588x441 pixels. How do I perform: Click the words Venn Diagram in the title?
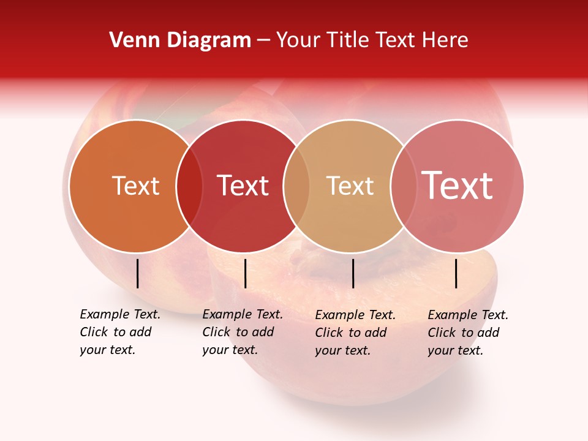(180, 40)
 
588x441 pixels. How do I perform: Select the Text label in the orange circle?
(135, 186)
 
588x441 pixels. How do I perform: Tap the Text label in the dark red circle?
(243, 186)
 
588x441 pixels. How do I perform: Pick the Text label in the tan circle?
(350, 186)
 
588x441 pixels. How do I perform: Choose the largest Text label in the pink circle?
(457, 186)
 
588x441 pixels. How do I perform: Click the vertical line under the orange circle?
(138, 273)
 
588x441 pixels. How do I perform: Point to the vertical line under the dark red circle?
(245, 273)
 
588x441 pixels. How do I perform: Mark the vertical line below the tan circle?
(353, 273)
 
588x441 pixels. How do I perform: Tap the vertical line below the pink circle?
(456, 273)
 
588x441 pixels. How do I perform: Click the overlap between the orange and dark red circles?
(189, 186)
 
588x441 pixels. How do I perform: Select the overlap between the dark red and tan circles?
(296, 186)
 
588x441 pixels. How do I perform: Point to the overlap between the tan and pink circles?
(404, 186)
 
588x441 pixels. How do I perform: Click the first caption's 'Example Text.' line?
(120, 314)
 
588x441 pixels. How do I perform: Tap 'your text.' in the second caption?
(230, 350)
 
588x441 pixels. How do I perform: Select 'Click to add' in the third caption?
(351, 333)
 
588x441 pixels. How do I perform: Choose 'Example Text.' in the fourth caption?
(468, 315)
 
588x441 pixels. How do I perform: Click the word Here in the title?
(447, 40)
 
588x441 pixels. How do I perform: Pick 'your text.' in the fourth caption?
(455, 350)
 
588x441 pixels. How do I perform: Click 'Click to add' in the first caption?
(116, 332)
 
